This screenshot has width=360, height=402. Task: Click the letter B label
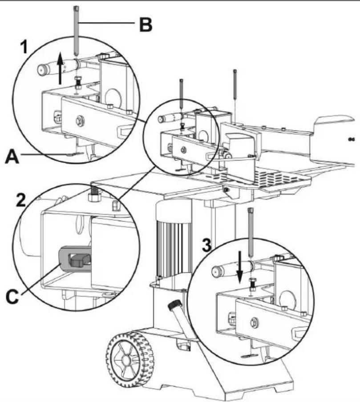click(x=146, y=24)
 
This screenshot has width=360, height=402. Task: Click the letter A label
click(x=12, y=157)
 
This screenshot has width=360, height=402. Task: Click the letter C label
click(x=12, y=296)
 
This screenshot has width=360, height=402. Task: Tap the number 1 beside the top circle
click(x=24, y=48)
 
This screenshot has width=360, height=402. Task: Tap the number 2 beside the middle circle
click(x=21, y=200)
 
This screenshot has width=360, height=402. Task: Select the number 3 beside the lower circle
click(x=206, y=245)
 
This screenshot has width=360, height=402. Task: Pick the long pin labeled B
click(x=76, y=30)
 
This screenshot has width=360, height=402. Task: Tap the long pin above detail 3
click(x=251, y=232)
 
